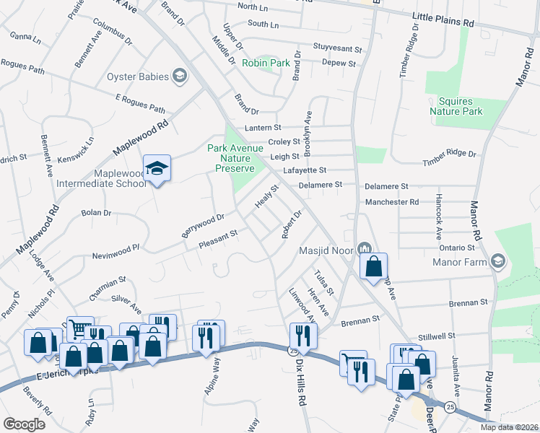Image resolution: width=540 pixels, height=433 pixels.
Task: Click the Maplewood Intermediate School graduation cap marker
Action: pyautogui.click(x=157, y=169)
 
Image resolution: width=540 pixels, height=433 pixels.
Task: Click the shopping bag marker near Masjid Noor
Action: pyautogui.click(x=373, y=267)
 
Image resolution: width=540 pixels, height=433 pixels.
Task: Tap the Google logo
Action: pyautogui.click(x=24, y=424)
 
